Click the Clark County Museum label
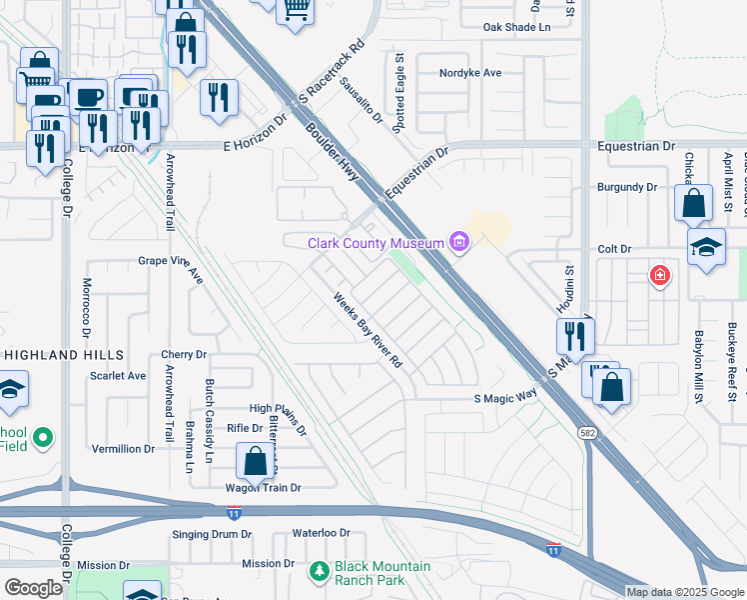(376, 243)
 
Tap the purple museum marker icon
(459, 242)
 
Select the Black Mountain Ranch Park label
(382, 573)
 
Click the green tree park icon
(320, 572)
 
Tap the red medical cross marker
(659, 275)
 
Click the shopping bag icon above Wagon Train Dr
(255, 462)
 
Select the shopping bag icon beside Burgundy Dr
(693, 203)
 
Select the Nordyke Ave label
(470, 73)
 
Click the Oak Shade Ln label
(516, 28)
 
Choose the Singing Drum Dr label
(212, 534)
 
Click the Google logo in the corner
(33, 587)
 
